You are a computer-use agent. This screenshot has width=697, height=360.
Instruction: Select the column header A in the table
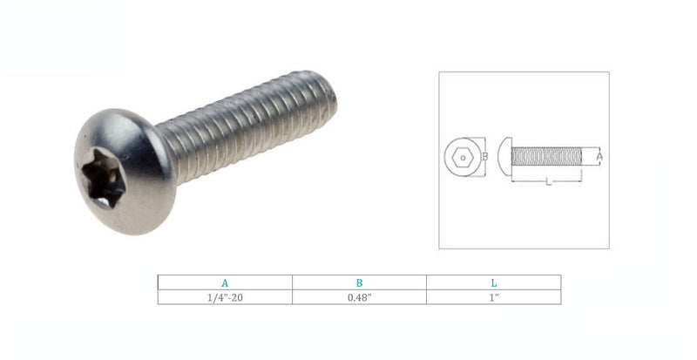(x=225, y=282)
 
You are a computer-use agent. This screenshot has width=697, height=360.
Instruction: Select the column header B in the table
(x=359, y=282)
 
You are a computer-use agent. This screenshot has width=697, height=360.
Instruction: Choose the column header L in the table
(x=493, y=282)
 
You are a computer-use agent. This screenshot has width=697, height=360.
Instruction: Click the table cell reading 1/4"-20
(x=225, y=297)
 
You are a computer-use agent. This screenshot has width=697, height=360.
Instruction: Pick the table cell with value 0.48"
(x=359, y=297)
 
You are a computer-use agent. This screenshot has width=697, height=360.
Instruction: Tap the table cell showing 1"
(x=493, y=297)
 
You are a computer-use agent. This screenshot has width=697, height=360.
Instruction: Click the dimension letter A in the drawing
(x=599, y=158)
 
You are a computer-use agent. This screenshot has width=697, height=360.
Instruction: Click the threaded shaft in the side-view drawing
(x=545, y=158)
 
